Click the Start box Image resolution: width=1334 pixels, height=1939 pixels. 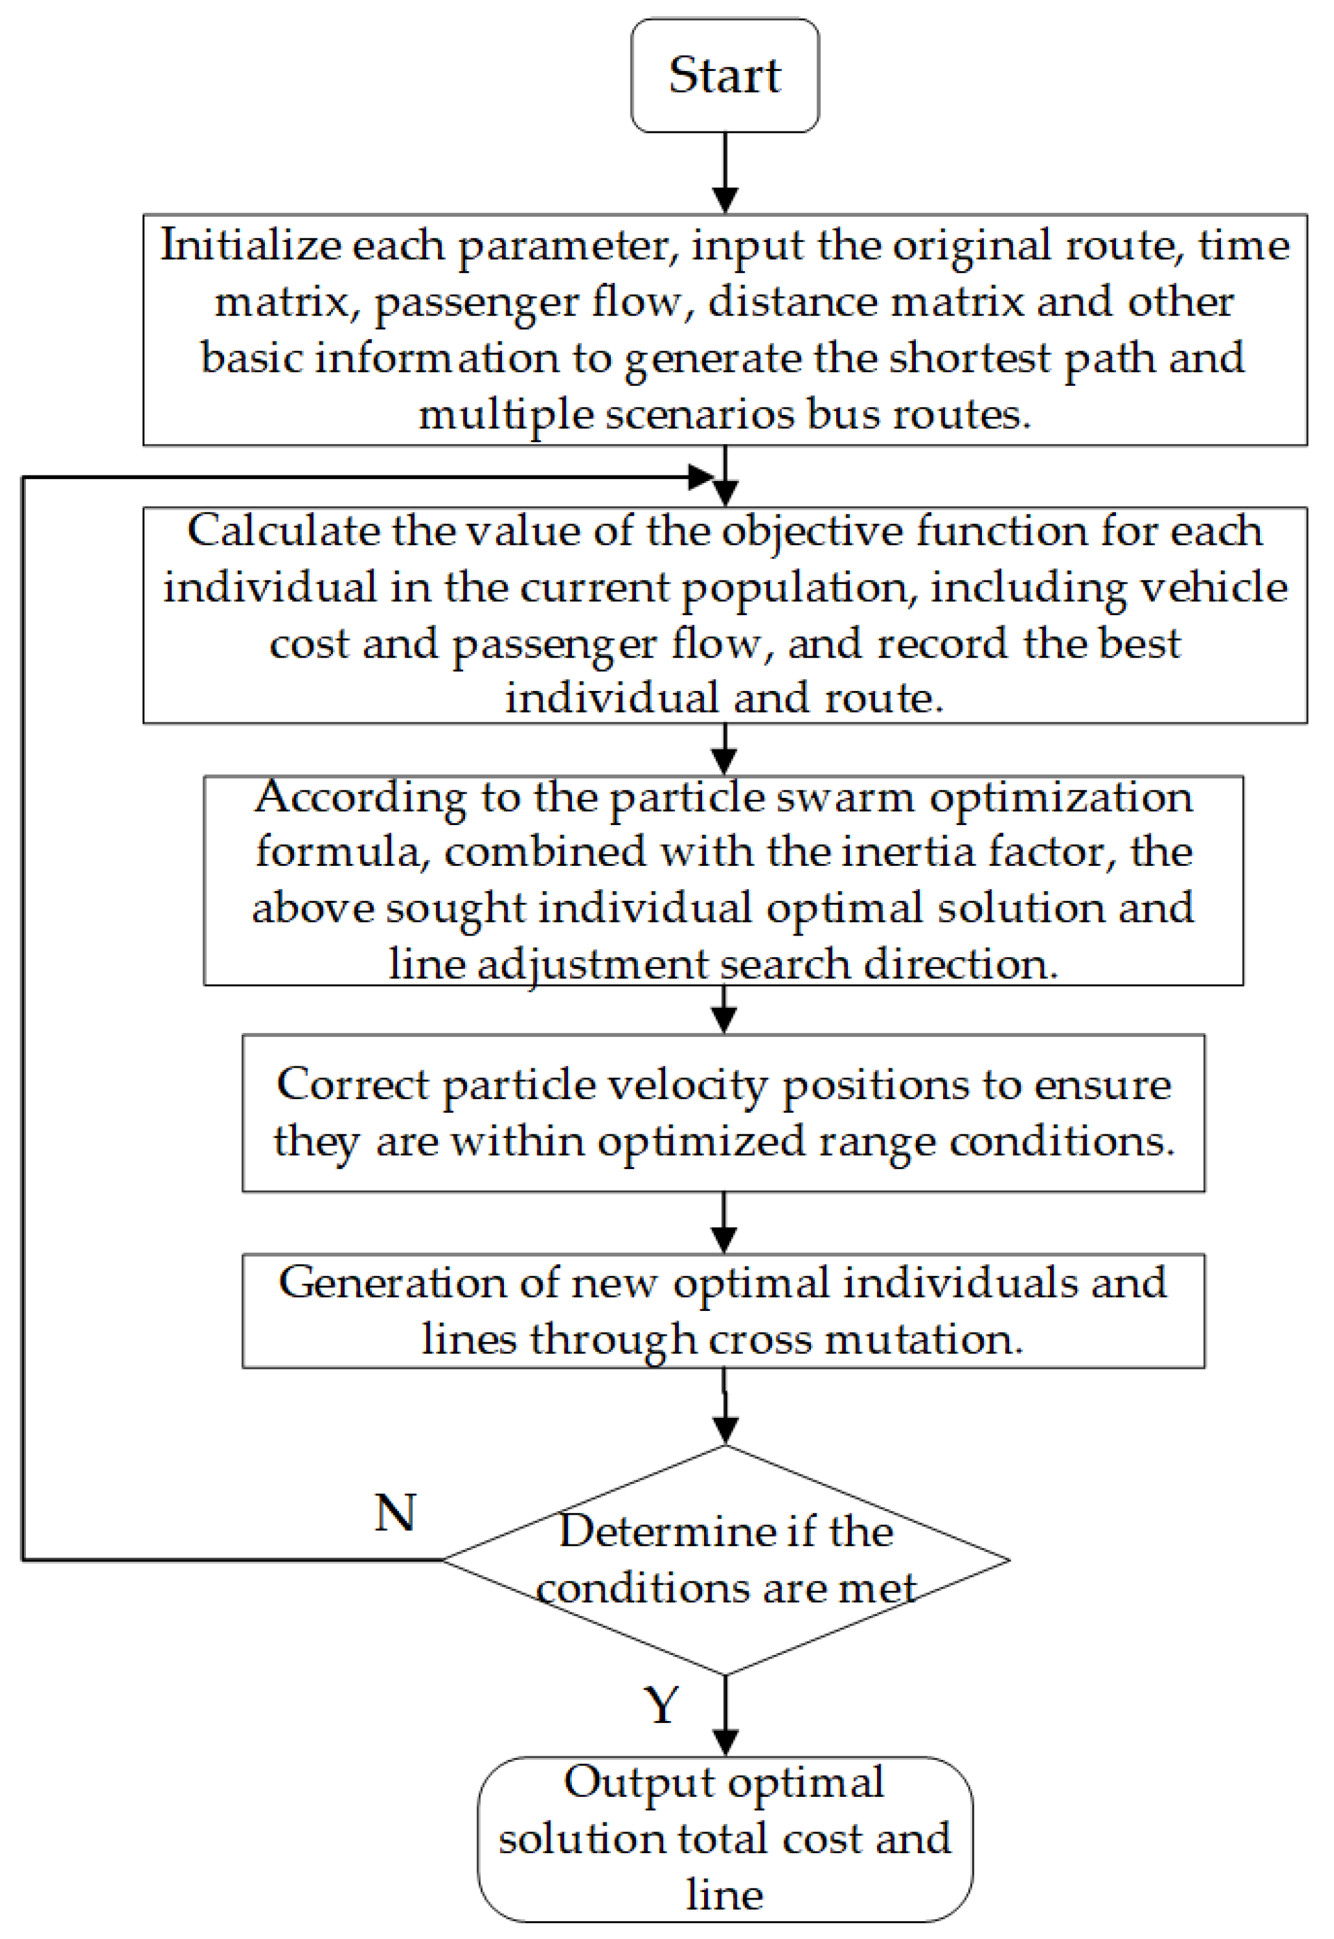tap(724, 75)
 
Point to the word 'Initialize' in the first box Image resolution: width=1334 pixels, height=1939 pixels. tap(250, 246)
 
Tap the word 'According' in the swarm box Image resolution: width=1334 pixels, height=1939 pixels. tap(360, 797)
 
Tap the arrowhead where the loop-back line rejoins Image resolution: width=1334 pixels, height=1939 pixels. tap(700, 477)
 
